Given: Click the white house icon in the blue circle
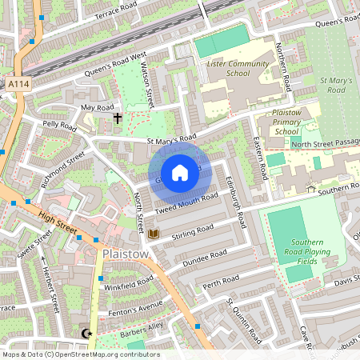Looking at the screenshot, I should click(180, 173).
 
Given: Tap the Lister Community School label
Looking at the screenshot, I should click(226, 68).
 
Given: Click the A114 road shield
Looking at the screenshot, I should click(16, 82).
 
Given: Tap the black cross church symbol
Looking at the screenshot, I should click(118, 119).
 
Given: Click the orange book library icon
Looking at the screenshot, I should click(154, 234).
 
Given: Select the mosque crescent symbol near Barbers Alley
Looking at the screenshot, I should click(87, 333).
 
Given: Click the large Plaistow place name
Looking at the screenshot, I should click(126, 254).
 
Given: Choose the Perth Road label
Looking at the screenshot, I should click(222, 282).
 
